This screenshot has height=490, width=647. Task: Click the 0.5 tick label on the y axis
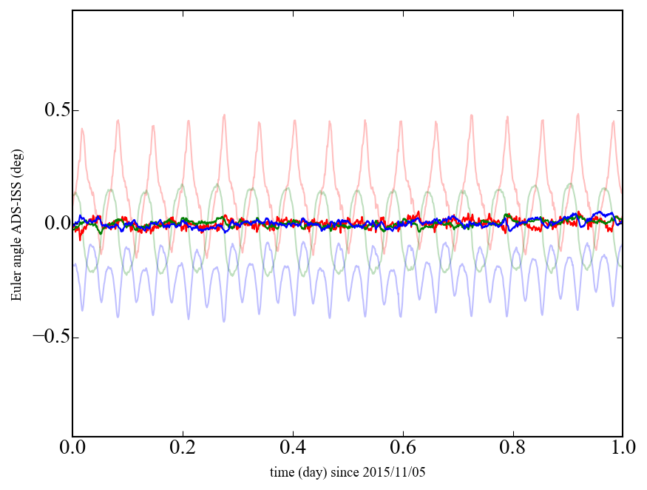click(x=51, y=110)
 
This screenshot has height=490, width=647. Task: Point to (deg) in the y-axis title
click(x=16, y=157)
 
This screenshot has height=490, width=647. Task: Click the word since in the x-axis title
click(x=348, y=471)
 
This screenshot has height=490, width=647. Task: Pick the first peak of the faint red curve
click(x=82, y=129)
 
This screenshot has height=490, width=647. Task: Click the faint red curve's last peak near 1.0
click(x=613, y=121)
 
